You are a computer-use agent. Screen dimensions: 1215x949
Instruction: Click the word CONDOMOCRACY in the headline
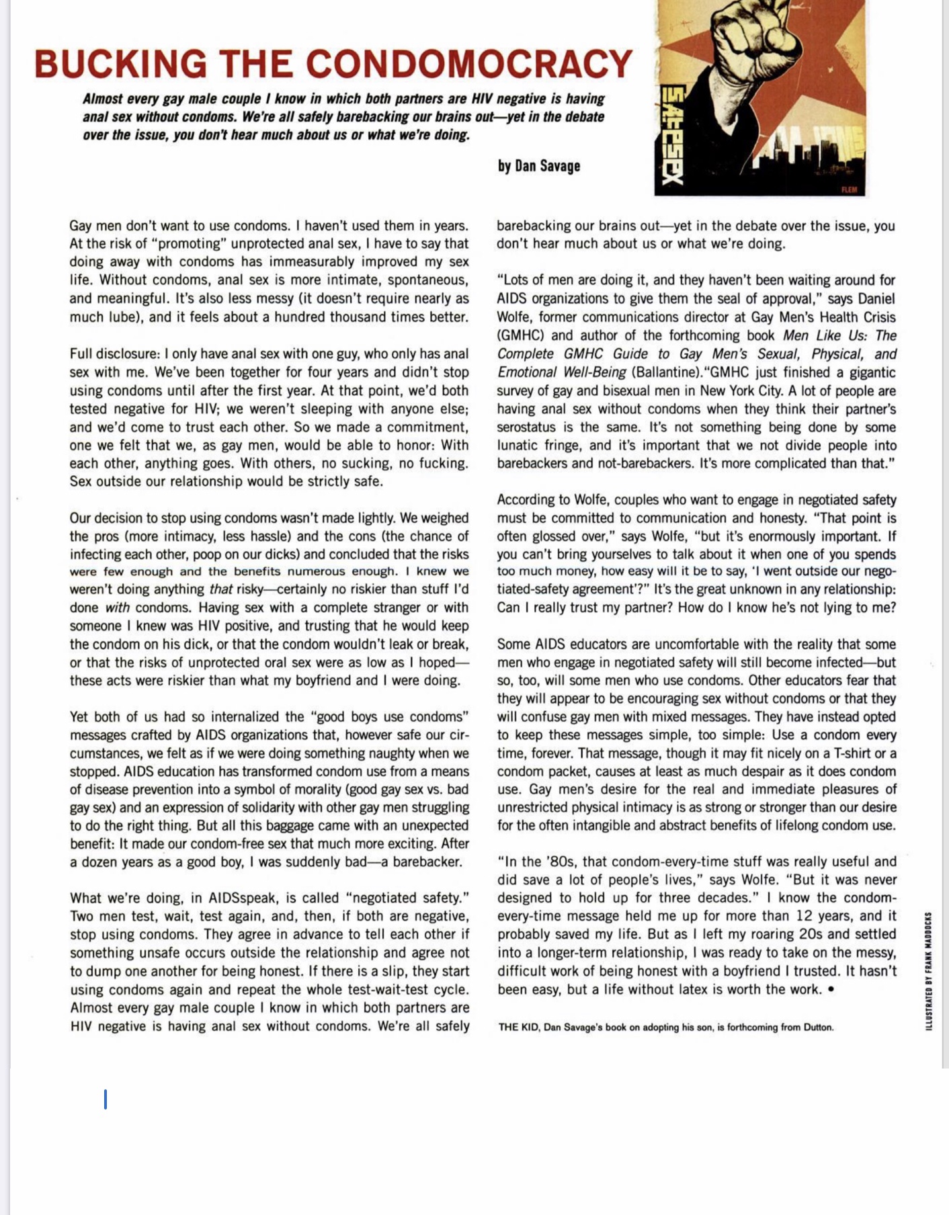(470, 65)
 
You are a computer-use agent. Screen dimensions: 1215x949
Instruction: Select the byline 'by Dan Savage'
(539, 166)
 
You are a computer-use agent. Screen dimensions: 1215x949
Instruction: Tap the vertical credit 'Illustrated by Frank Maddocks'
(928, 971)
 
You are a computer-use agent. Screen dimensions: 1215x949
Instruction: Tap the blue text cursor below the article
(106, 1099)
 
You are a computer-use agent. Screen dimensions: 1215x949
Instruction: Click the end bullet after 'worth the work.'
(833, 990)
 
